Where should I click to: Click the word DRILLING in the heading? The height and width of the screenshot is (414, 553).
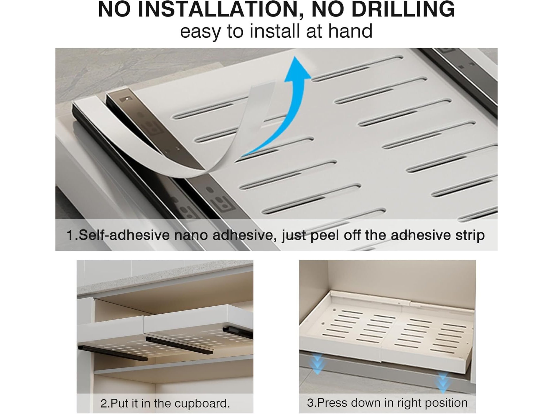point(403,9)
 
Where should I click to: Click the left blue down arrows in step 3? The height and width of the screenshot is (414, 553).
point(317,364)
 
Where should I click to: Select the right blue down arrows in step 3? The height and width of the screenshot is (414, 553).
point(443,382)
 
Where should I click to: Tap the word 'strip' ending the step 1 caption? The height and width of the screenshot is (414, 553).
point(470,235)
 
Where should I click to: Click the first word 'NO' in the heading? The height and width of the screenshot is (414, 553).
point(114,9)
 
